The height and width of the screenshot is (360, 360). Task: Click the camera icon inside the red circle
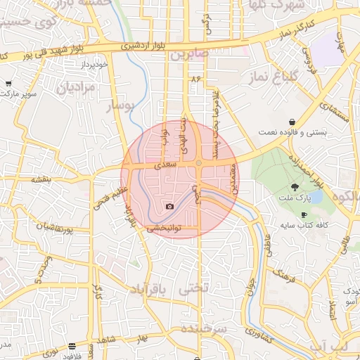click(x=169, y=206)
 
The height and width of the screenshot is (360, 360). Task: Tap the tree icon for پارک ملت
click(x=295, y=186)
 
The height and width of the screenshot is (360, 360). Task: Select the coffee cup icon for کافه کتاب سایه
click(x=304, y=214)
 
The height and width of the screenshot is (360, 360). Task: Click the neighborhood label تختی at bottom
click(x=195, y=288)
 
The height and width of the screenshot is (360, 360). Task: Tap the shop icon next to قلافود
click(x=72, y=346)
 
